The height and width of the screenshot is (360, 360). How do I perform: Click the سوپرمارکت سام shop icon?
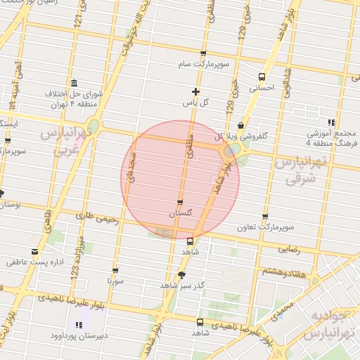coord(203,54)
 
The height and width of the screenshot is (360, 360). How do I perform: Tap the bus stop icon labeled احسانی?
coord(262,77)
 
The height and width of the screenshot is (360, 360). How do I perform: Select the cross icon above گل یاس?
coord(196,91)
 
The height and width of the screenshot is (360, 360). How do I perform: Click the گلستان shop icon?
coord(181,202)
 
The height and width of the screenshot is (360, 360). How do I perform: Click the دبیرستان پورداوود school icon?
coord(79,325)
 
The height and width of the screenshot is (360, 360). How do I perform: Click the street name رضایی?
coord(290,249)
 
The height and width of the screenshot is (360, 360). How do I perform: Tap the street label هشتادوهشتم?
coord(285,270)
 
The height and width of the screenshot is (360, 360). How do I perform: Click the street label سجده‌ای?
coord(131,169)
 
